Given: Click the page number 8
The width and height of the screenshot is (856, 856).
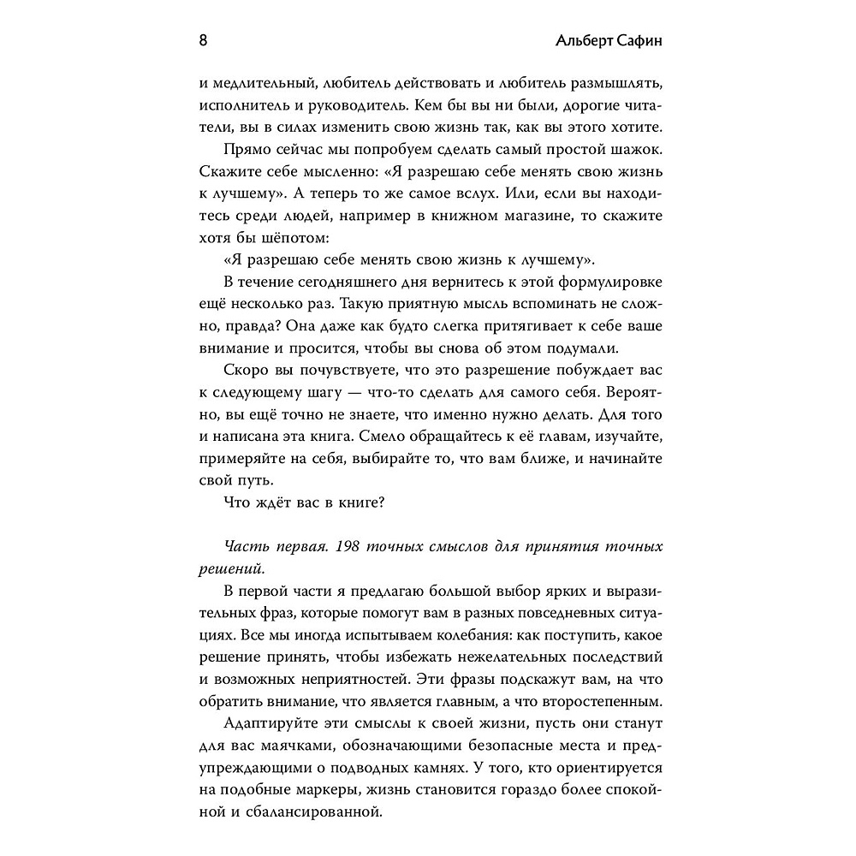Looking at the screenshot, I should tap(202, 42).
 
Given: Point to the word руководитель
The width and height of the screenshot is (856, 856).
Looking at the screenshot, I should tap(402, 107).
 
